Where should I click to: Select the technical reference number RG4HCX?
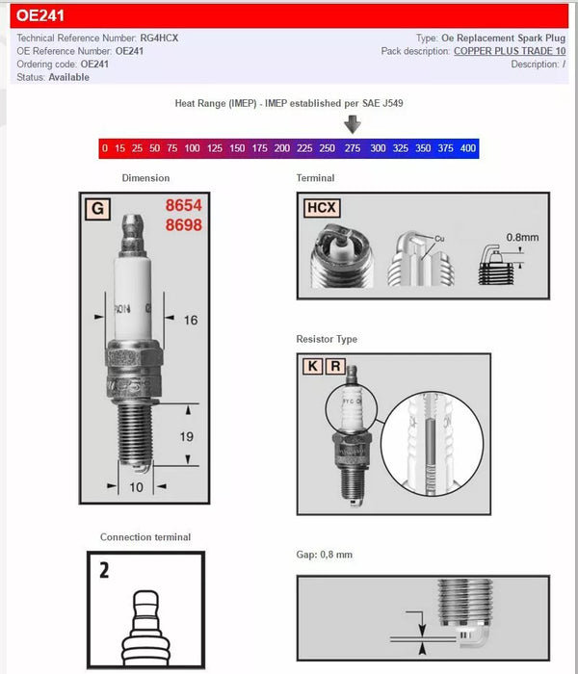tap(159, 38)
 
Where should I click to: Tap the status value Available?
tap(68, 78)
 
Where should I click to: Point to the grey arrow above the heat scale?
tap(353, 124)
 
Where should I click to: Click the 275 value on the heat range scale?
tap(353, 148)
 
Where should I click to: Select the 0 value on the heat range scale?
tap(104, 148)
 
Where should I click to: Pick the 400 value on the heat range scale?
tap(468, 148)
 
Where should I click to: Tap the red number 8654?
tap(183, 206)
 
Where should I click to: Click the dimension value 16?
tap(190, 320)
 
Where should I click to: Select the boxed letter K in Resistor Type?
tap(313, 366)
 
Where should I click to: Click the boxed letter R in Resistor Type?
tap(334, 366)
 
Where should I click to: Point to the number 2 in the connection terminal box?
tap(103, 570)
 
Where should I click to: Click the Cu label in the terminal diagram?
tap(439, 238)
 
